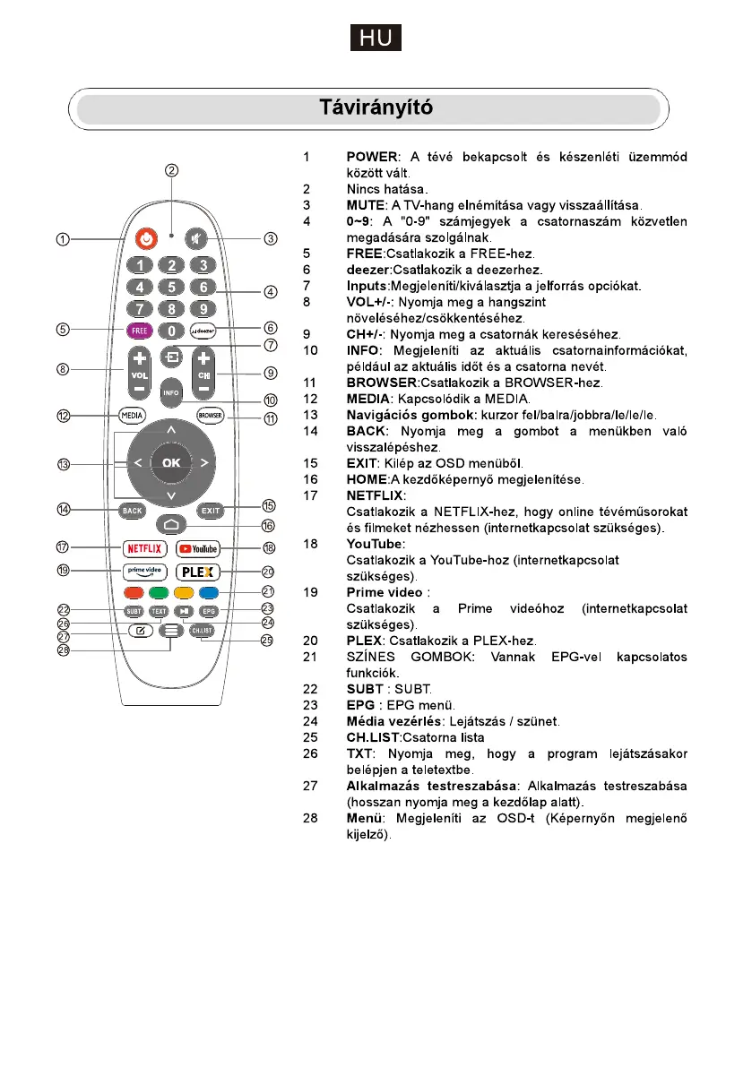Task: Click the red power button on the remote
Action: click(143, 239)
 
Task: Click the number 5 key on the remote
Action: click(170, 288)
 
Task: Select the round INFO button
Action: click(170, 392)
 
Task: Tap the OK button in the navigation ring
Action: click(170, 462)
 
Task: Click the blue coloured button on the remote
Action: click(208, 592)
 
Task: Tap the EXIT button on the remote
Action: click(210, 511)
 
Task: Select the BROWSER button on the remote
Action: click(210, 415)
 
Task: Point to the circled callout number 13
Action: click(64, 464)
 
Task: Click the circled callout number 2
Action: click(171, 170)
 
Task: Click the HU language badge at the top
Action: click(376, 39)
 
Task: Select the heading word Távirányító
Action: click(376, 108)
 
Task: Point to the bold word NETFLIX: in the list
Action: click(376, 495)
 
